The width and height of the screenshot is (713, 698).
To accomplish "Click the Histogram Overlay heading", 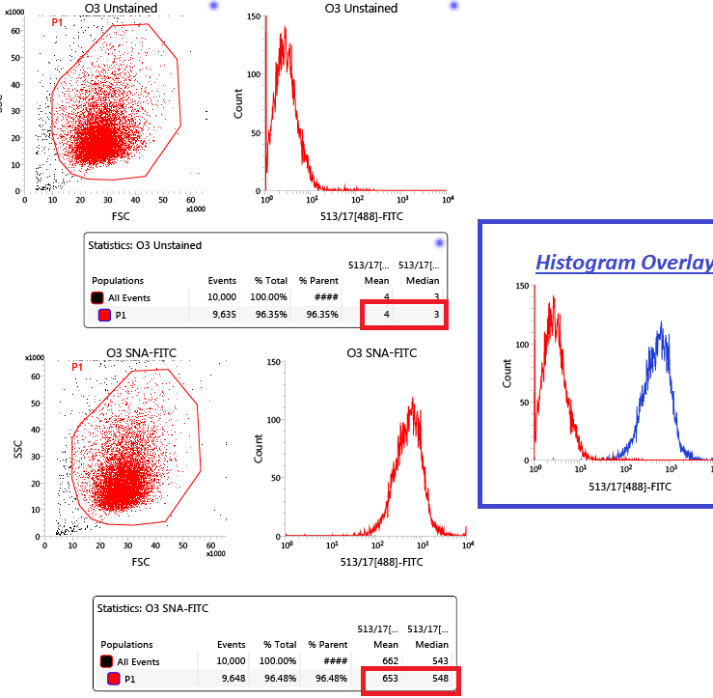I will coord(623,262).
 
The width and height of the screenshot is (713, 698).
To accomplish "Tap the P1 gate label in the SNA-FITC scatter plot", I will coord(77,367).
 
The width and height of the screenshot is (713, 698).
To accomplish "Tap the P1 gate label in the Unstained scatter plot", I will coord(58,21).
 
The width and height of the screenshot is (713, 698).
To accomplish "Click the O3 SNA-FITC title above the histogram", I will coord(381,353).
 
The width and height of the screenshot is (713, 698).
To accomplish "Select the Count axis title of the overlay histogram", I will coord(507,373).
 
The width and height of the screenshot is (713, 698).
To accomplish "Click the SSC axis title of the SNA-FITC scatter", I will coord(18,448).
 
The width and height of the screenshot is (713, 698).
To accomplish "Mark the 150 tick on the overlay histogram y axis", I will coord(521,287).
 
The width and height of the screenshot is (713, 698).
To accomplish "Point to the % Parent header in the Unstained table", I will coord(318,281).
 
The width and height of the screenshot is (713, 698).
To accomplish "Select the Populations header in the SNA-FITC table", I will coord(126,645).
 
